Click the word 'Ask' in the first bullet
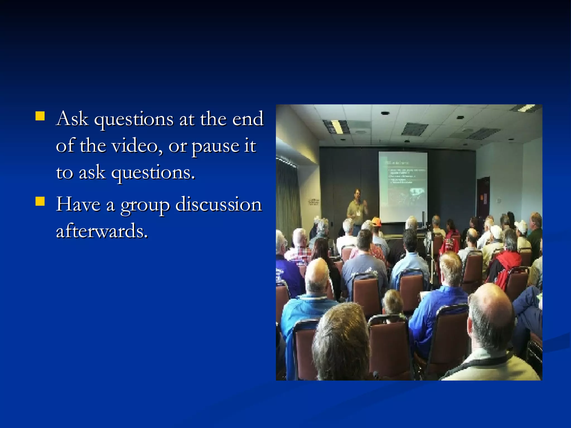point(72,119)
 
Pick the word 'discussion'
point(219,204)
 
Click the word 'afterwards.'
point(102,231)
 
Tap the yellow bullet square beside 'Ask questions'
point(40,116)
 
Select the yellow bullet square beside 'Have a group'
point(40,201)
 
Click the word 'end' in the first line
point(248,119)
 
